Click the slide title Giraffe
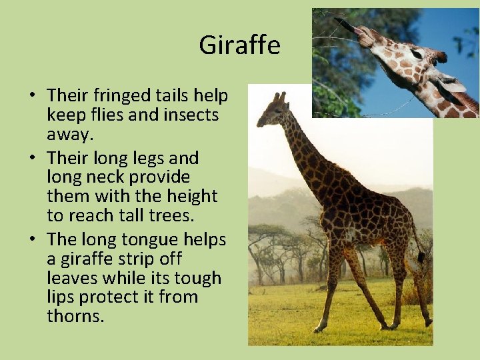point(239,46)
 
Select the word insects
point(189,115)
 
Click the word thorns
point(75,315)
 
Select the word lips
point(59,297)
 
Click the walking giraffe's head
point(269,114)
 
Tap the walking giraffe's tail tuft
point(421,257)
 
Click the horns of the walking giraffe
point(278,97)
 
